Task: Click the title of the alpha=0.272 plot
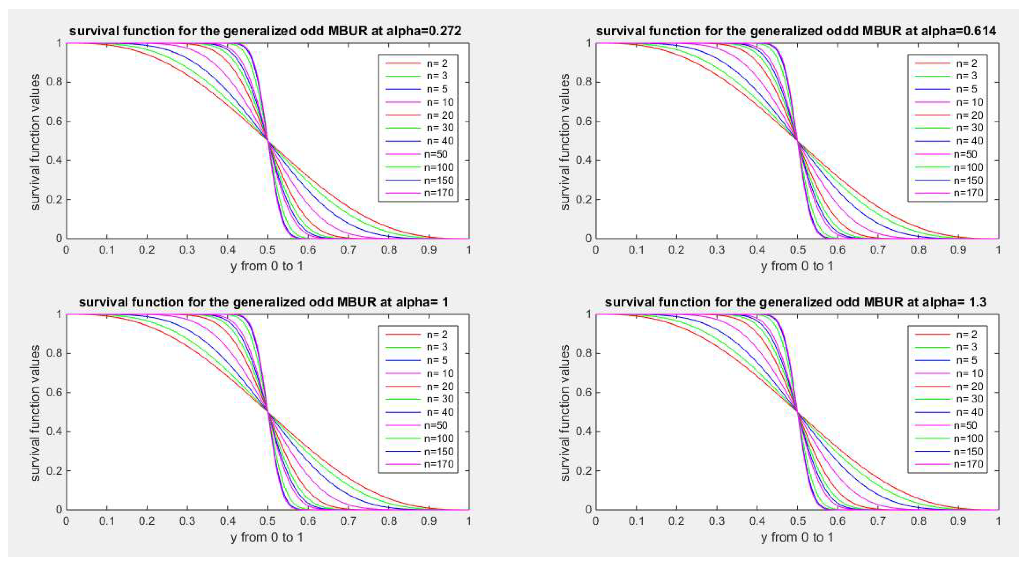click(265, 31)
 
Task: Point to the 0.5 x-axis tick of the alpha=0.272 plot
click(268, 250)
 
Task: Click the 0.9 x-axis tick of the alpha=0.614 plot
click(958, 250)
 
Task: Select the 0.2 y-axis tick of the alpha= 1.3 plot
click(584, 470)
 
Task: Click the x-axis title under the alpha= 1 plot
click(267, 537)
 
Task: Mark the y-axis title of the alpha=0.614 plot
click(564, 142)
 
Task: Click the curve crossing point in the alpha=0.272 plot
click(268, 141)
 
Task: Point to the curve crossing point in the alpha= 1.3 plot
click(797, 412)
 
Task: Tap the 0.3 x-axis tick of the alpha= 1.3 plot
click(717, 521)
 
